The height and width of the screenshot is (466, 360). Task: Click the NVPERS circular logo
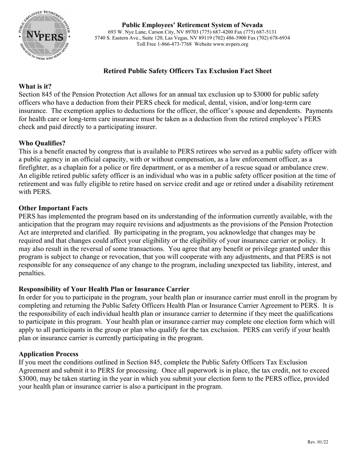pyautogui.click(x=44, y=35)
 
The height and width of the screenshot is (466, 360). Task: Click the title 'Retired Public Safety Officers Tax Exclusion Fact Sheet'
pyautogui.click(x=187, y=71)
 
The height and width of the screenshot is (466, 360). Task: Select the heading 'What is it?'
pyautogui.click(x=35, y=86)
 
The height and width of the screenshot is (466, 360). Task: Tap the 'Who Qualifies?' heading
pyautogui.click(x=42, y=143)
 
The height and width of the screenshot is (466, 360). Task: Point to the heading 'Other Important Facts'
pyautogui.click(x=53, y=208)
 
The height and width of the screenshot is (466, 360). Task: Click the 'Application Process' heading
pyautogui.click(x=49, y=354)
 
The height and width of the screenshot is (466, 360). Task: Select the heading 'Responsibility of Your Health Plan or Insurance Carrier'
pyautogui.click(x=104, y=289)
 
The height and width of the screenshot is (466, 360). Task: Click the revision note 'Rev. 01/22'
pyautogui.click(x=318, y=442)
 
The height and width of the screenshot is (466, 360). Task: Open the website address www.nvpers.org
pyautogui.click(x=230, y=44)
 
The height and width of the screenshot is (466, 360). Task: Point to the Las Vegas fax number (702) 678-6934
pyautogui.click(x=273, y=38)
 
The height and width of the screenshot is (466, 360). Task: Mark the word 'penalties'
pyautogui.click(x=32, y=273)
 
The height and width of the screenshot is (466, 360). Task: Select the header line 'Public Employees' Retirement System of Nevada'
pyautogui.click(x=192, y=25)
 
